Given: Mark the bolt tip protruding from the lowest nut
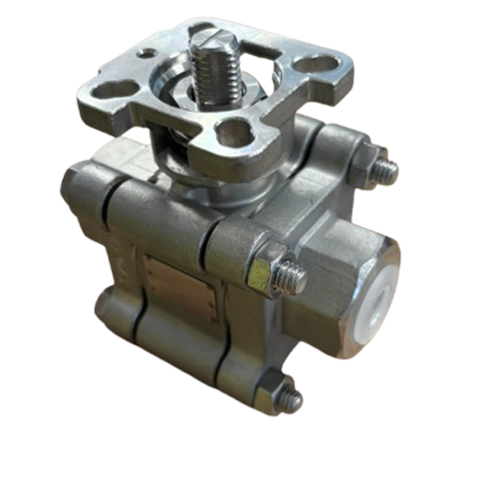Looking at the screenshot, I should click(x=295, y=399).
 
